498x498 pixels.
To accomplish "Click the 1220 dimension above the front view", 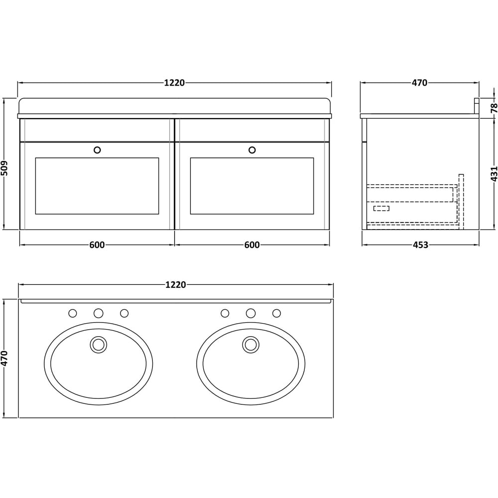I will point(174,83).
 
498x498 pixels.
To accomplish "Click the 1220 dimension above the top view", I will point(175,285).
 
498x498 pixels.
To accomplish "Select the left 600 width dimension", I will point(97,245).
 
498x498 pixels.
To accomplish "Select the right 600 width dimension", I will point(252,245).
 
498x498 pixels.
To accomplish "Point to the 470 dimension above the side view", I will point(419,83).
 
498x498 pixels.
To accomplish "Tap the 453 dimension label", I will point(420,245).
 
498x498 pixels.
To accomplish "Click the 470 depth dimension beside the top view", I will point(5,358).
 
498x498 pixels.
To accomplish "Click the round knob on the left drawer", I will point(97,149).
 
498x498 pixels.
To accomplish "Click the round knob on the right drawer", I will point(252,149).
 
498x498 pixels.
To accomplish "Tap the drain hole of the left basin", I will point(99,344).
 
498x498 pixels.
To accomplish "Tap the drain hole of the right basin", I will point(250,344).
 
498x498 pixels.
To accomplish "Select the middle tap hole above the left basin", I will point(99,313).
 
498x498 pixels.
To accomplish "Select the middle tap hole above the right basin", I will point(250,313).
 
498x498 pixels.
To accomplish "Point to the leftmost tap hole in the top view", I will point(73,313).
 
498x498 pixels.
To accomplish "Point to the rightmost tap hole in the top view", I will point(276,313).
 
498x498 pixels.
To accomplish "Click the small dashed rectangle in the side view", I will point(381,208).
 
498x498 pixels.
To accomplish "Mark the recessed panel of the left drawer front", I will point(97,186).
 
